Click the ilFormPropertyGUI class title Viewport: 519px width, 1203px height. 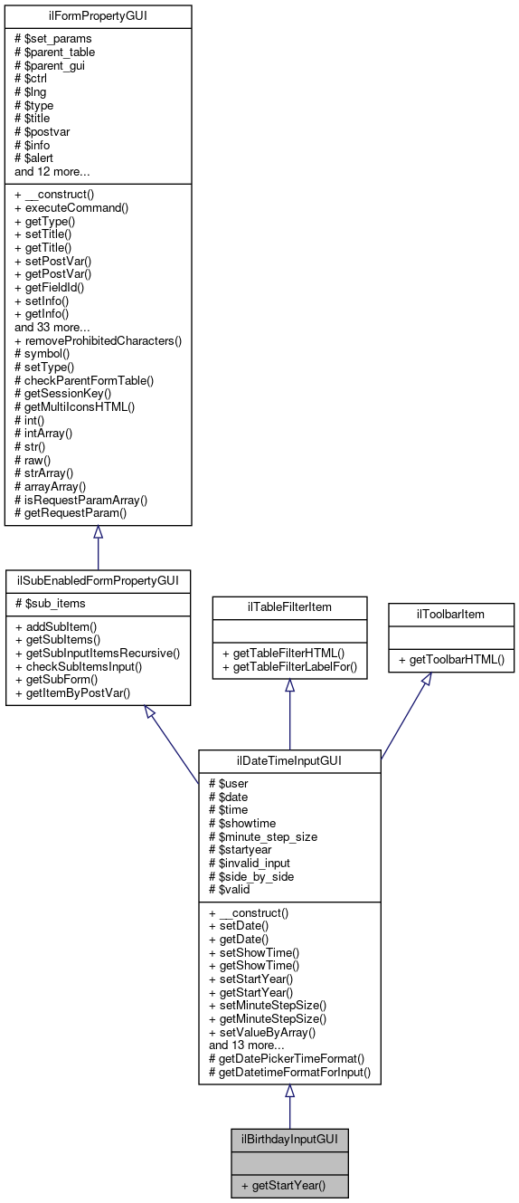tap(98, 16)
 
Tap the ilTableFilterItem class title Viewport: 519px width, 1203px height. tap(289, 606)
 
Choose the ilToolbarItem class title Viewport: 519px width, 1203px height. tap(451, 614)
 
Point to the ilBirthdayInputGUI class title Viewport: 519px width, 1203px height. tap(289, 1139)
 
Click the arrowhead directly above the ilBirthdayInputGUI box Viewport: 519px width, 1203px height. tap(289, 1092)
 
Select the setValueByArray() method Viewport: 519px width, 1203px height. tap(261, 1031)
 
